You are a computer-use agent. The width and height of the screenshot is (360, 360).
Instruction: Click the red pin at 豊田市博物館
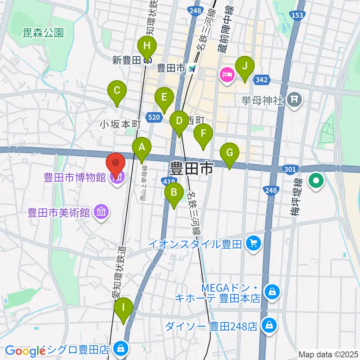(116, 164)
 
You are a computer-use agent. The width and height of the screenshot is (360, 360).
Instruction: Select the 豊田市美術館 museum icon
(102, 213)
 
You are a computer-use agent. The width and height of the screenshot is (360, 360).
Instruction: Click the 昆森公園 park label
(43, 33)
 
